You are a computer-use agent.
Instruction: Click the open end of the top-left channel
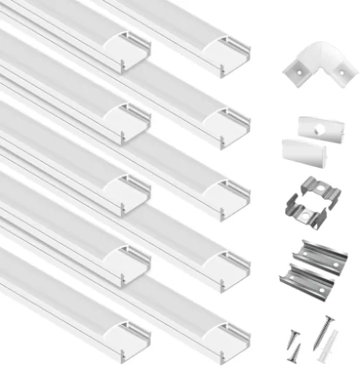tap(135, 50)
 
